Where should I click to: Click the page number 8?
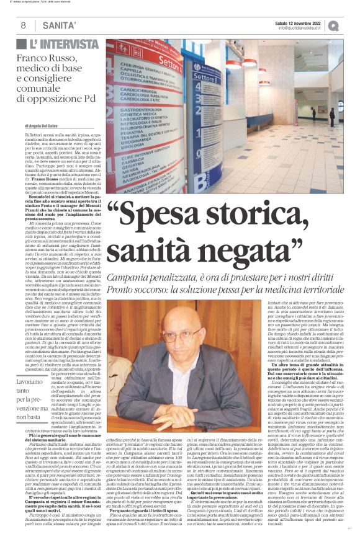click(23, 25)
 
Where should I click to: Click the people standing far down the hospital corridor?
click(332, 116)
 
